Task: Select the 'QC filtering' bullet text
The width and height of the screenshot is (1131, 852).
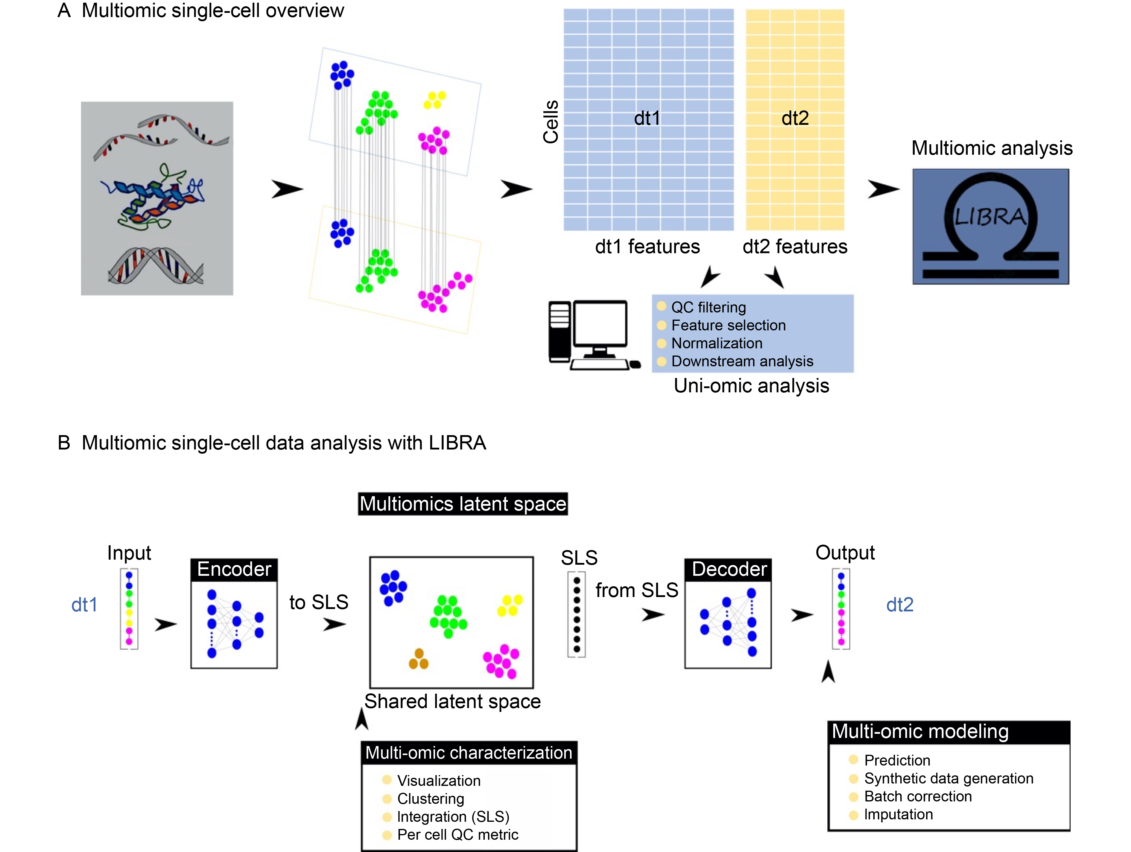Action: (x=708, y=307)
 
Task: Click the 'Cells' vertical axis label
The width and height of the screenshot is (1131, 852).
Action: (x=551, y=122)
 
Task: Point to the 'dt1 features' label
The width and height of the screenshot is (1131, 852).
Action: (x=647, y=247)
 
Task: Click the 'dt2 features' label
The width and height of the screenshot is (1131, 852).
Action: (x=795, y=247)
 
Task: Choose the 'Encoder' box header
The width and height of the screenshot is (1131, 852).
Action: (x=234, y=569)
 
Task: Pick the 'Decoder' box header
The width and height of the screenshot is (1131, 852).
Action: (x=729, y=569)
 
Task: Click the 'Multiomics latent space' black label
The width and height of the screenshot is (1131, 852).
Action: (x=463, y=504)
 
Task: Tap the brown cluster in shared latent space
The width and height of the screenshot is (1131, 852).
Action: (x=419, y=659)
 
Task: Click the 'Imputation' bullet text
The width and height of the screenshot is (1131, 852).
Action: (x=898, y=814)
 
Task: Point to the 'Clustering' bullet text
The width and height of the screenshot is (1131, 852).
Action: (x=431, y=799)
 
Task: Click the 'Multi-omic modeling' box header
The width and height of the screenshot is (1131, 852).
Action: (x=920, y=732)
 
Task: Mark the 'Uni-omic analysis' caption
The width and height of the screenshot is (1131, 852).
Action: (x=751, y=385)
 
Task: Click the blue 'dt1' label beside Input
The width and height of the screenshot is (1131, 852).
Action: (x=84, y=605)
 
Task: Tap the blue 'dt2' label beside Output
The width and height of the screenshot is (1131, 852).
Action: (x=899, y=605)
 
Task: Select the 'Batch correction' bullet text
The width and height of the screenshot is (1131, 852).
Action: (x=918, y=796)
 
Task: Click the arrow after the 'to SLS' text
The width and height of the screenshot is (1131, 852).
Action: (x=335, y=625)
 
